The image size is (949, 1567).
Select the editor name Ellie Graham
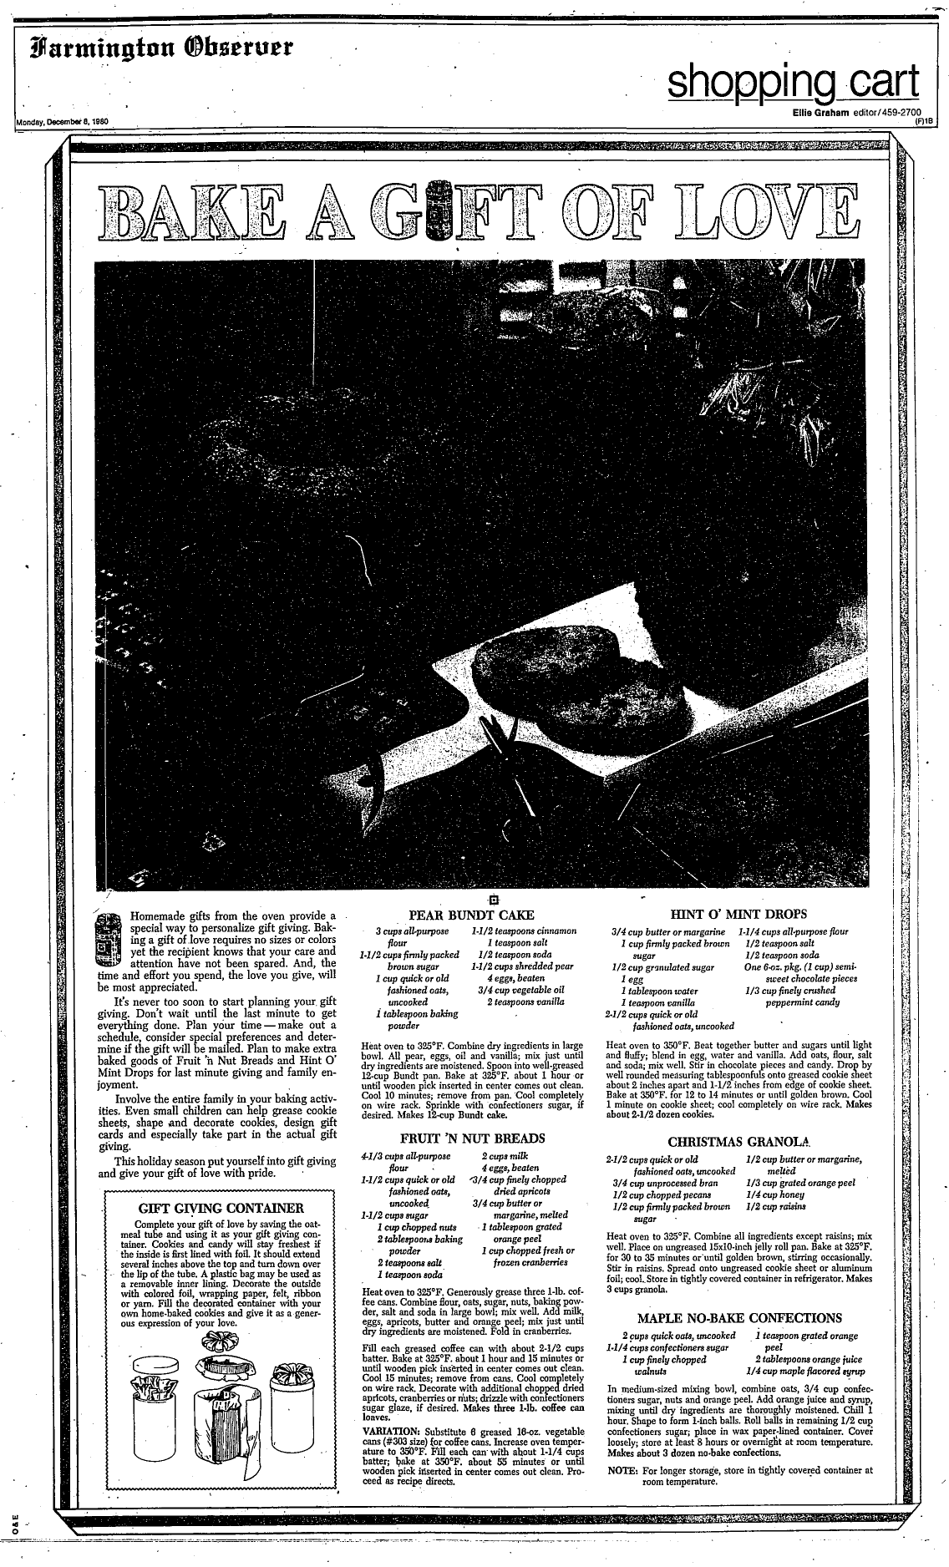click(822, 113)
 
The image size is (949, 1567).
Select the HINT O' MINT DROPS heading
click(738, 914)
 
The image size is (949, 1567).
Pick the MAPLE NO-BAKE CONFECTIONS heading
click(739, 1318)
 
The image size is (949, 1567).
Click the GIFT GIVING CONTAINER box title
click(220, 1208)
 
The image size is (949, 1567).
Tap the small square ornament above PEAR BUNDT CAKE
click(494, 899)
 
